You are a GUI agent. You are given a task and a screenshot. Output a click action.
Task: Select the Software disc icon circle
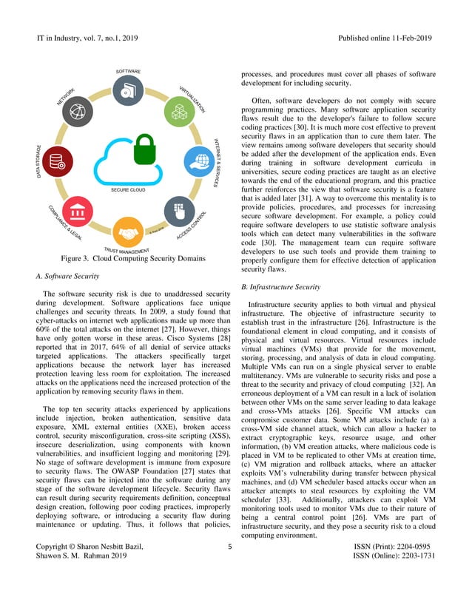tap(128, 90)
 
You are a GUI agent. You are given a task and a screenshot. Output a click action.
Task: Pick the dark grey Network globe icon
tap(78, 112)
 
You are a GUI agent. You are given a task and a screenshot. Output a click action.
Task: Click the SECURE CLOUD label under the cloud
tap(128, 190)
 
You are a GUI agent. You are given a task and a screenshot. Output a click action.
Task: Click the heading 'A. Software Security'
tap(67, 276)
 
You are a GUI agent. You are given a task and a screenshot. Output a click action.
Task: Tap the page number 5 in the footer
tap(230, 568)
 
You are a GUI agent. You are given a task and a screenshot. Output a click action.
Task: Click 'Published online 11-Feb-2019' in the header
tap(384, 38)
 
